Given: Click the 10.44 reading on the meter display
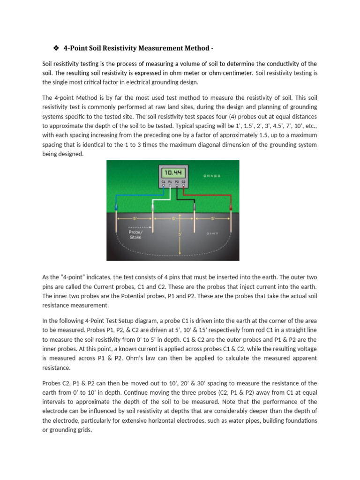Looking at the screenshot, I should [173, 172].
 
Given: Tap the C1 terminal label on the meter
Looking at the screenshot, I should [163, 180].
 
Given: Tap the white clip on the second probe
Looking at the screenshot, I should [153, 205].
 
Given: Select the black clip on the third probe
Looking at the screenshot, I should [194, 205].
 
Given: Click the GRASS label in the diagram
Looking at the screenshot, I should [212, 176].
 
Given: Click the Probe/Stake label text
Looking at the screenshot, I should [135, 234].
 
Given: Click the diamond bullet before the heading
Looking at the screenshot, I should [54, 48].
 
